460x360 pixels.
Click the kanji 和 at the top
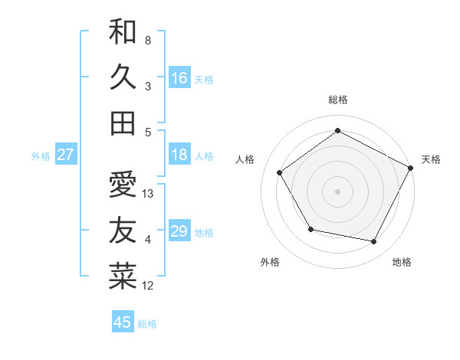(x=123, y=32)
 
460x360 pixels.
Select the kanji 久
(x=123, y=77)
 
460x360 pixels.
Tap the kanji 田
(x=123, y=122)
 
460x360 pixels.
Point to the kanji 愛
(x=123, y=184)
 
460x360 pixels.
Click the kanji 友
(x=123, y=230)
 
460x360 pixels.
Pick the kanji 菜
(x=123, y=276)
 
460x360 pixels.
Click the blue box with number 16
(x=179, y=77)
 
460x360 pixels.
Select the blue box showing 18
(x=179, y=155)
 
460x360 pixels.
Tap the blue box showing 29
(x=179, y=231)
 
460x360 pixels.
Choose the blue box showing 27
(x=65, y=155)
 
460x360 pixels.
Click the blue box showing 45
(x=123, y=322)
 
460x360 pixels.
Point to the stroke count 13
(x=149, y=194)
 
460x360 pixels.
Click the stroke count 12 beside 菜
(x=149, y=286)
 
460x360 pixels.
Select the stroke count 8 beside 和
(x=148, y=40)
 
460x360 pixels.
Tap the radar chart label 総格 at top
(x=337, y=100)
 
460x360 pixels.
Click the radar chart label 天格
(x=431, y=159)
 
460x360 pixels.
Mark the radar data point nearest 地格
(x=374, y=242)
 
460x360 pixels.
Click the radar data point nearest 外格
(x=310, y=229)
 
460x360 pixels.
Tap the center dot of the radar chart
(x=337, y=191)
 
